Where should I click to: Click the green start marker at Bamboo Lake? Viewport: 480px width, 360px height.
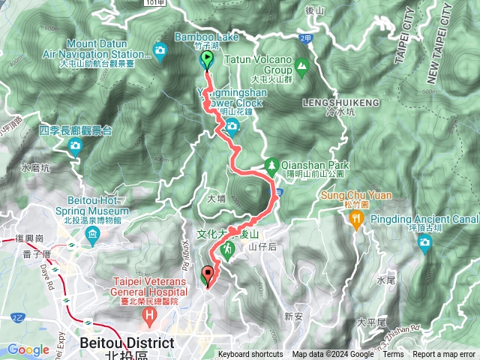[207, 61]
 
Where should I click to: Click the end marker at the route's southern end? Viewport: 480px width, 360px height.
[208, 276]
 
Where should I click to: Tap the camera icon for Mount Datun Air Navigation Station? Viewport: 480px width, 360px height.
[160, 50]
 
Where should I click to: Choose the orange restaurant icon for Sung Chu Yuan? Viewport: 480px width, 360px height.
[355, 217]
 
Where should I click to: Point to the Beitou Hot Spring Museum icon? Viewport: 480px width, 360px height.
[92, 238]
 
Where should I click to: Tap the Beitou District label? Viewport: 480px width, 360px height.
[127, 343]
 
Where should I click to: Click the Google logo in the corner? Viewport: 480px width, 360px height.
[28, 349]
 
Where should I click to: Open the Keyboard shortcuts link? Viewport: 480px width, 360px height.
[250, 355]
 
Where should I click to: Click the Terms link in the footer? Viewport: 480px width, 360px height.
[393, 355]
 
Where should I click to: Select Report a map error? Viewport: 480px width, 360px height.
[444, 355]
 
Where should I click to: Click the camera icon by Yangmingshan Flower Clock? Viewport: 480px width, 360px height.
[232, 125]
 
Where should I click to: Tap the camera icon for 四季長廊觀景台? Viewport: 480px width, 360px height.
[74, 148]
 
